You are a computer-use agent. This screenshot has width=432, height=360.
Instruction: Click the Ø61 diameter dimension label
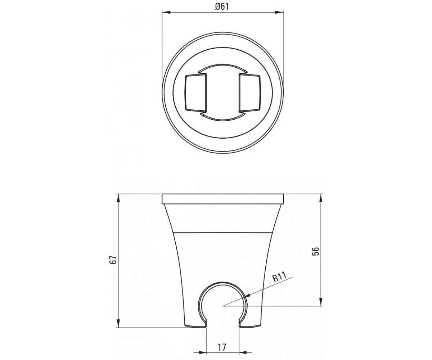[x=222, y=6]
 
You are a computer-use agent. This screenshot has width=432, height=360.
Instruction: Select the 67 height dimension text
[x=114, y=260]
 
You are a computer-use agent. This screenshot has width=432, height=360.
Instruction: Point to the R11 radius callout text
[x=280, y=277]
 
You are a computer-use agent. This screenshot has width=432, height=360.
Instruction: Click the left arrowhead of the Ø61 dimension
[x=166, y=12]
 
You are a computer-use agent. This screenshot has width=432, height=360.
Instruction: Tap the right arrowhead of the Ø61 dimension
[x=279, y=12]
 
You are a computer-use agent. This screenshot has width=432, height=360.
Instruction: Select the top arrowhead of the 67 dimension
[x=118, y=198]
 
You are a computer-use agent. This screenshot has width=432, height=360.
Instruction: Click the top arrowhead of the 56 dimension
[x=321, y=198]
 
